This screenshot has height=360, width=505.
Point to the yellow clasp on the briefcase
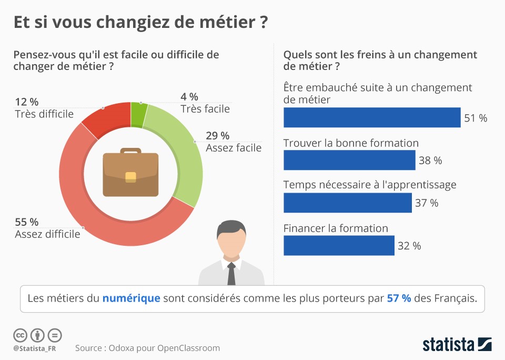[130, 177]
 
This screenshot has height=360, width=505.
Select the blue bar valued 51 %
[372, 117]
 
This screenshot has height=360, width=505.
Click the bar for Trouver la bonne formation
[349, 160]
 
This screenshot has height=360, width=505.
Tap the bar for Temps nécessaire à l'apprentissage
[347, 203]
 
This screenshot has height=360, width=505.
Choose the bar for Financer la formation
[339, 245]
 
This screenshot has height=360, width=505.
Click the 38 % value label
[430, 161]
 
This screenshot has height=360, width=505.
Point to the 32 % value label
[409, 246]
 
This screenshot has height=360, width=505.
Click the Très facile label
[205, 109]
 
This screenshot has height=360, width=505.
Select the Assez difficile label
[48, 234]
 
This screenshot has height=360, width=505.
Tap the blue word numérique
[131, 298]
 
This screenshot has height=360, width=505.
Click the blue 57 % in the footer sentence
[399, 298]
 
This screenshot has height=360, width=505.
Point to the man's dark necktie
[231, 274]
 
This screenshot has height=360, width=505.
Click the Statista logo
[457, 345]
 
